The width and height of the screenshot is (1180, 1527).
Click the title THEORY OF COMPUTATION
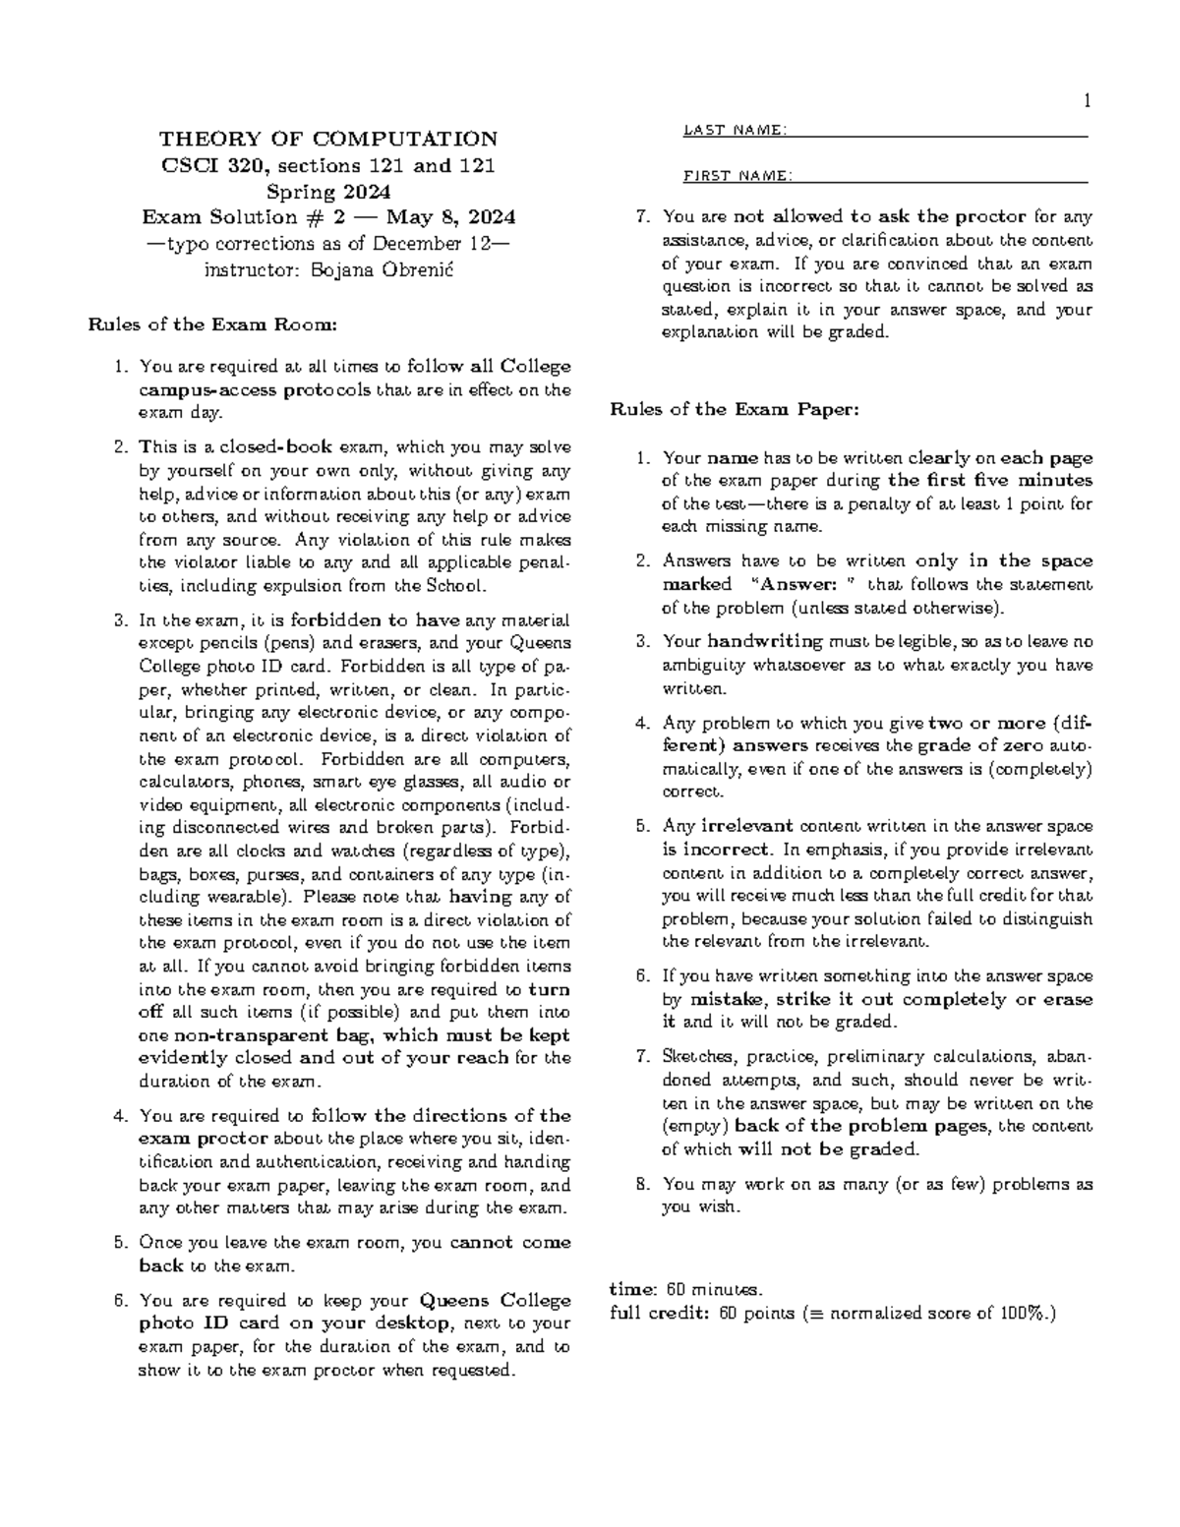click(328, 139)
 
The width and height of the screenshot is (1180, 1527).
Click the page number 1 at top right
click(1087, 100)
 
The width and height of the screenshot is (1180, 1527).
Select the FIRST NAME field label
click(737, 176)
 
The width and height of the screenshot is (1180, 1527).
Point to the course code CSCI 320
click(205, 165)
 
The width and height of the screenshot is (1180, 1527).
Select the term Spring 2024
click(328, 191)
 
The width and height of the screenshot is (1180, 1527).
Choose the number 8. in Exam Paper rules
click(643, 1184)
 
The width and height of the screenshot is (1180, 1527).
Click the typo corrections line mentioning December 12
click(328, 243)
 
